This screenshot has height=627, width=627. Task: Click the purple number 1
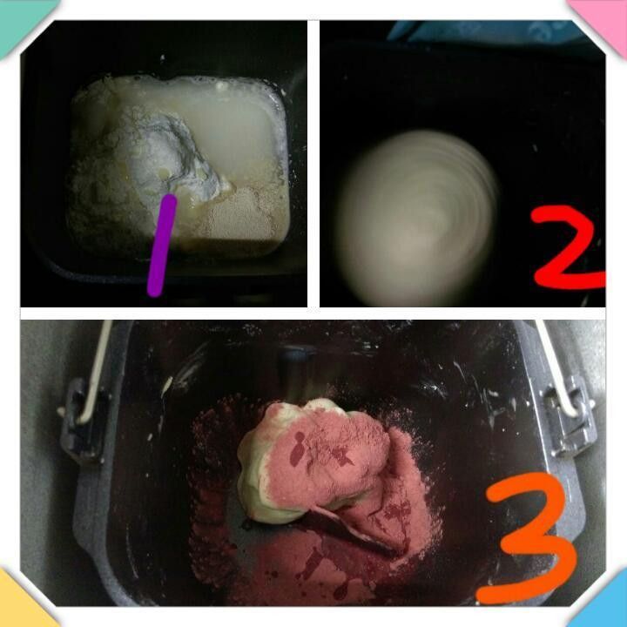tap(162, 245)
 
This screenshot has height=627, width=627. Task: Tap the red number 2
tap(568, 247)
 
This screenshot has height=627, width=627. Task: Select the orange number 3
tap(527, 538)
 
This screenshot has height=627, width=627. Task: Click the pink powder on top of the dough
tap(328, 452)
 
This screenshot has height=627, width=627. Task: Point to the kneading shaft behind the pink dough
tap(298, 372)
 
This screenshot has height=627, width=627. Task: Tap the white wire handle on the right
tap(556, 367)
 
